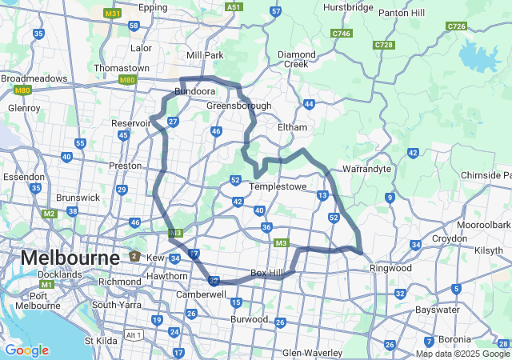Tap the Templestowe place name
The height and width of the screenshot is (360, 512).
point(278,186)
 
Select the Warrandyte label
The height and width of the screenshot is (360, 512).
point(366,170)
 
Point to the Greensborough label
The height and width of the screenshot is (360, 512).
point(238,106)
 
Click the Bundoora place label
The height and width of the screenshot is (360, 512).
point(196,92)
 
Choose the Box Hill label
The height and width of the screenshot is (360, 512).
point(267,274)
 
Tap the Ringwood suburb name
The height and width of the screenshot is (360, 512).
point(390,269)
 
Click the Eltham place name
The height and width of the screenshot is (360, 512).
point(291,127)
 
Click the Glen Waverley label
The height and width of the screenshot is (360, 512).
point(312,353)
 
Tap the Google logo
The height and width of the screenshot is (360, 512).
point(26,350)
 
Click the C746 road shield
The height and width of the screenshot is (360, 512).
point(342,33)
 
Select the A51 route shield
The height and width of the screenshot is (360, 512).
point(233,6)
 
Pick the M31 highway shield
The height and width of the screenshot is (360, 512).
point(113,14)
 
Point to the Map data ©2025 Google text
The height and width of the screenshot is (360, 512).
point(462,354)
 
